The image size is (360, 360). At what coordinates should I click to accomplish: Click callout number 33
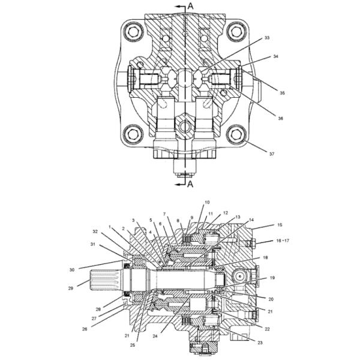(267, 38)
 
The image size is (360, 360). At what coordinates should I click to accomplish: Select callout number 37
(272, 154)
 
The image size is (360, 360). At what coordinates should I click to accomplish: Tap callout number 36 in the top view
(281, 118)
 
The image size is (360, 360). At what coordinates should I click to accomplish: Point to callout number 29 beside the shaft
(71, 289)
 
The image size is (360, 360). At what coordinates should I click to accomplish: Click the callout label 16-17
(283, 241)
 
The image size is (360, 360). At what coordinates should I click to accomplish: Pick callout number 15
(280, 225)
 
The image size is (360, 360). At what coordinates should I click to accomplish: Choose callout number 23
(260, 343)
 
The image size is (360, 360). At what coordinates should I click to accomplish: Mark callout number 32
(95, 232)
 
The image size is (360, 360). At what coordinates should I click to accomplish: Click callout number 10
(207, 202)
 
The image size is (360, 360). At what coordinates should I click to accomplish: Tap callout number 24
(155, 336)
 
